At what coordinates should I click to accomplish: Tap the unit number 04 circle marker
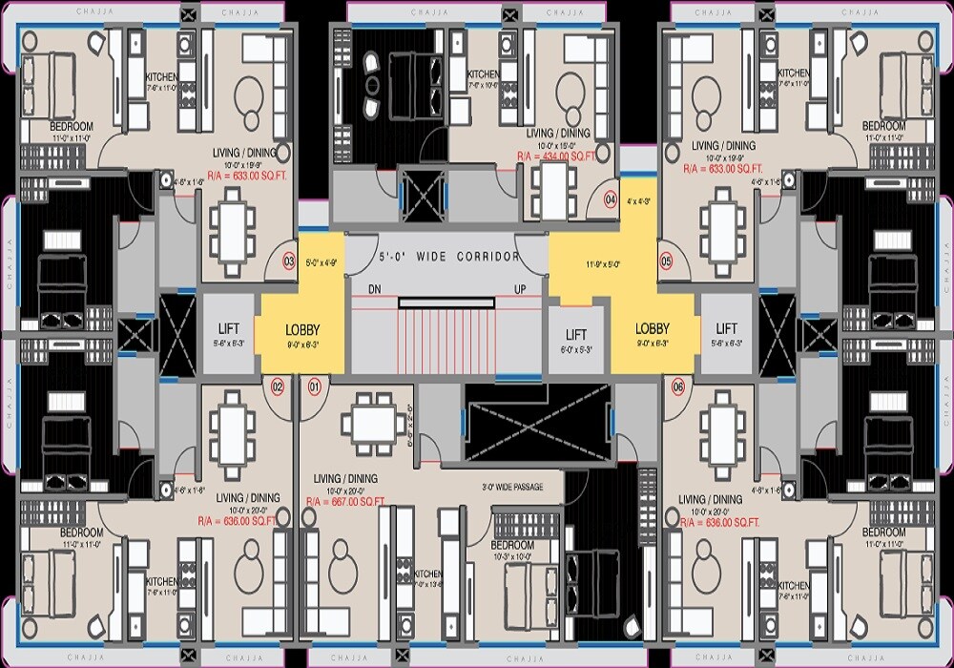coord(612,199)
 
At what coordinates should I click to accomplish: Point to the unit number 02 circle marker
coord(278,386)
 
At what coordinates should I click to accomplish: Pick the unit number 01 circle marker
coord(314,386)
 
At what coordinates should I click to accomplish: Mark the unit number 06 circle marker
coord(678,386)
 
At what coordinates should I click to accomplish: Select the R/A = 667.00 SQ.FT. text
coord(344,501)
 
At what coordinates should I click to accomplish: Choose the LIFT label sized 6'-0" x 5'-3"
coord(576,335)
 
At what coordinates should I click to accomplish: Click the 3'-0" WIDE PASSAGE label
coord(512,487)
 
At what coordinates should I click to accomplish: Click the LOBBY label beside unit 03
coord(302,329)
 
